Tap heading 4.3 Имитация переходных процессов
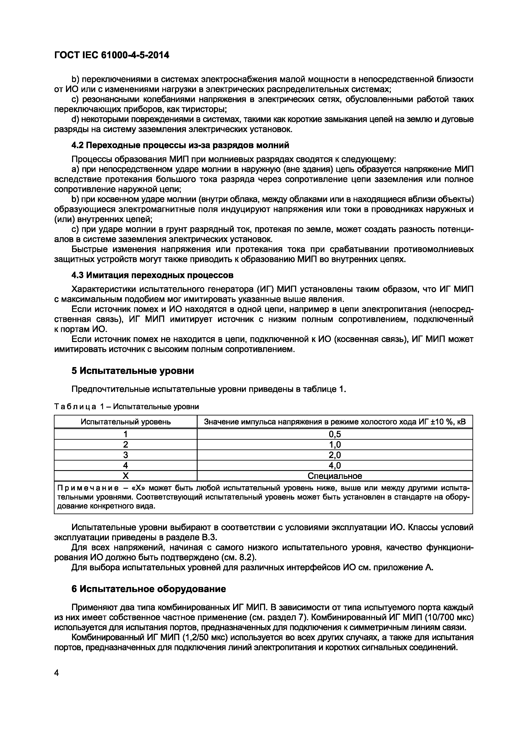[152, 275]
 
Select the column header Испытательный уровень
[126, 422]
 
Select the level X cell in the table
[126, 476]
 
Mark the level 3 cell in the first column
[126, 455]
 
